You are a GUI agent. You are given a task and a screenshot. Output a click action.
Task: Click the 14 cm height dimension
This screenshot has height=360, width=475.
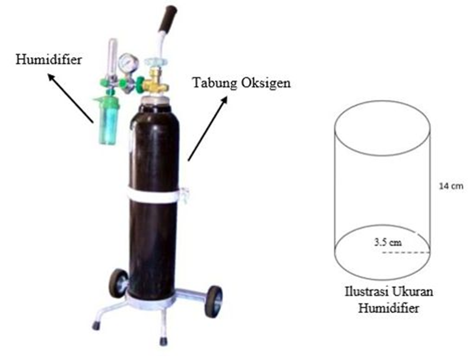click(451, 186)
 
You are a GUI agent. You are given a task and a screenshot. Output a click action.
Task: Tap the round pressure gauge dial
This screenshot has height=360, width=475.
click(127, 62)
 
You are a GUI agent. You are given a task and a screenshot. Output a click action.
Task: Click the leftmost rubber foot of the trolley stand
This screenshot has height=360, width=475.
click(96, 326)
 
